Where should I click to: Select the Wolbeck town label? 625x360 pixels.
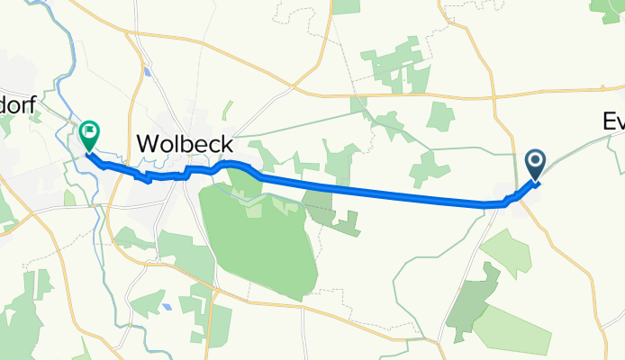coord(185,144)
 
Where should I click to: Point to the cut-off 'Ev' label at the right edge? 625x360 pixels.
coord(612,124)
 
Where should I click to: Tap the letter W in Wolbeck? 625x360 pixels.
coord(149,144)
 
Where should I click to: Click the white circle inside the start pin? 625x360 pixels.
coord(535,161)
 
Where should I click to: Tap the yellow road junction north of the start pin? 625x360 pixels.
coord(494,93)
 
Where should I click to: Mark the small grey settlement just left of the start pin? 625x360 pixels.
coord(509,192)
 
